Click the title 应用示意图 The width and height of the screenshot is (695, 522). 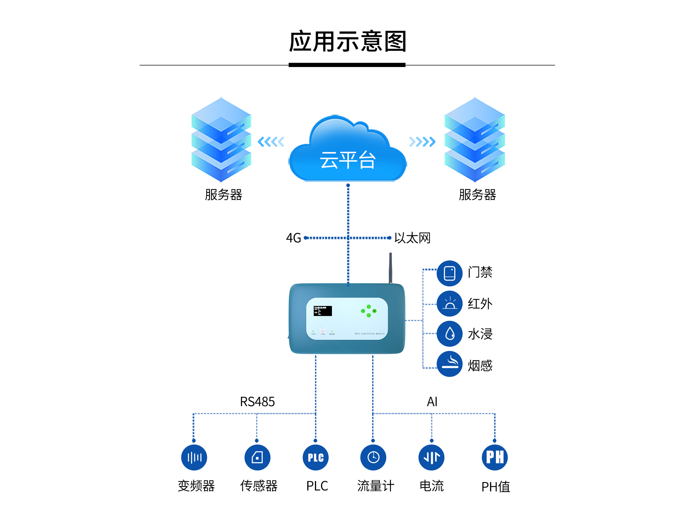point(347,41)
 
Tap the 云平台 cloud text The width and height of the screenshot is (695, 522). point(347,160)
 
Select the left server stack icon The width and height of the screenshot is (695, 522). point(221,140)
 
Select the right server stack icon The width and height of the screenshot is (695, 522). point(475,140)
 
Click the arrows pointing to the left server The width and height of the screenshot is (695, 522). point(271,142)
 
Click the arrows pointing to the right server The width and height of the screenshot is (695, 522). point(422,142)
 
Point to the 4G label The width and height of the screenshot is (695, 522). point(293,238)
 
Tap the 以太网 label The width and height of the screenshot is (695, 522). point(412,238)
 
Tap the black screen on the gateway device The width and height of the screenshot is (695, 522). point(323,311)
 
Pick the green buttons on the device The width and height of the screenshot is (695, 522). point(369,311)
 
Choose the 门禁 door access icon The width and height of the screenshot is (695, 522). point(450,273)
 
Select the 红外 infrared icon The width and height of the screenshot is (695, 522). point(450,304)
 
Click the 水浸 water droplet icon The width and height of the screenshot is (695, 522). point(450,334)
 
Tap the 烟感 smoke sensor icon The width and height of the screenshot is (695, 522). point(450,364)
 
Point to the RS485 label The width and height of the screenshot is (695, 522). point(257,402)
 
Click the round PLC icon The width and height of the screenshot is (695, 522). point(316,457)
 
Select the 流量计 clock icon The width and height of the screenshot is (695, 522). point(373,457)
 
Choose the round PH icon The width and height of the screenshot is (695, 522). point(495,457)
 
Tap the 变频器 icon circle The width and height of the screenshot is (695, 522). point(194,457)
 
